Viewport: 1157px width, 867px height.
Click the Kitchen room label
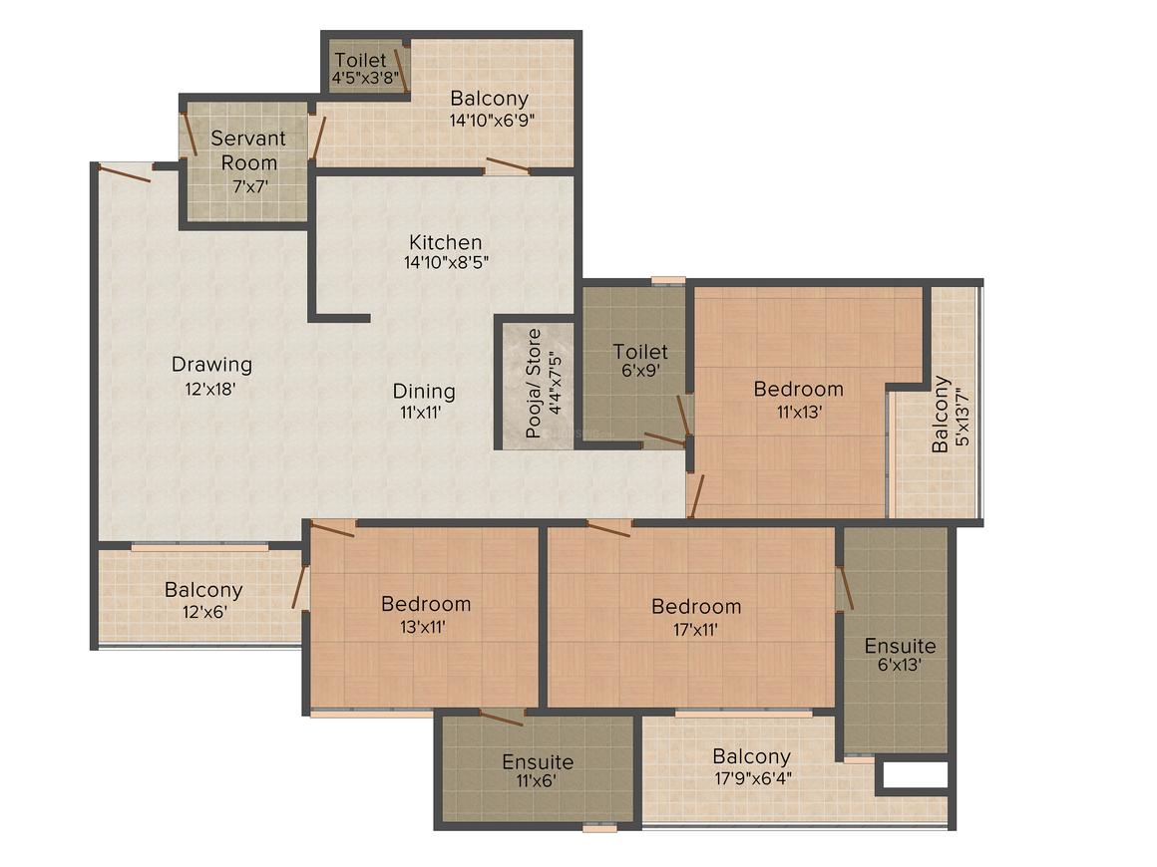446,242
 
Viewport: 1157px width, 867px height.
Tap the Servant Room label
249,150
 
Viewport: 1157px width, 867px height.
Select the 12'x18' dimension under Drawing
210,390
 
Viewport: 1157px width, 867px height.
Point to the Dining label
424,392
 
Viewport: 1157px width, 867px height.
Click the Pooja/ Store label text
534,384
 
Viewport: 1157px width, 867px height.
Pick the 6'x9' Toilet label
640,361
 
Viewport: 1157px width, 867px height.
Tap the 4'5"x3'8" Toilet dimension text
365,77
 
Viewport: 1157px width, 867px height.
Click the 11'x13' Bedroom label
798,400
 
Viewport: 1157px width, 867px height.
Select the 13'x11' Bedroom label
426,615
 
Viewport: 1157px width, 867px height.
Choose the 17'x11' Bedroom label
696,617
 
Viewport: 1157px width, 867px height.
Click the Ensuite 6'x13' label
900,655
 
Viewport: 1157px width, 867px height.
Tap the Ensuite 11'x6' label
538,770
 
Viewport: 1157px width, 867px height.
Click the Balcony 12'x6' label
203,600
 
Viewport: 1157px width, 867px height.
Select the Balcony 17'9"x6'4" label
752,766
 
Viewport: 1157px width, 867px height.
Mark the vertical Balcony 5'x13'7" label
951,415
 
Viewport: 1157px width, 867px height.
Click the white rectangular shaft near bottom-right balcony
915,775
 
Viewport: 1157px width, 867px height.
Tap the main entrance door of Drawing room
125,171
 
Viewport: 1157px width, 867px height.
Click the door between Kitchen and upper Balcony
507,165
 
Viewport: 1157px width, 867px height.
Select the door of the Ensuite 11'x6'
502,717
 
